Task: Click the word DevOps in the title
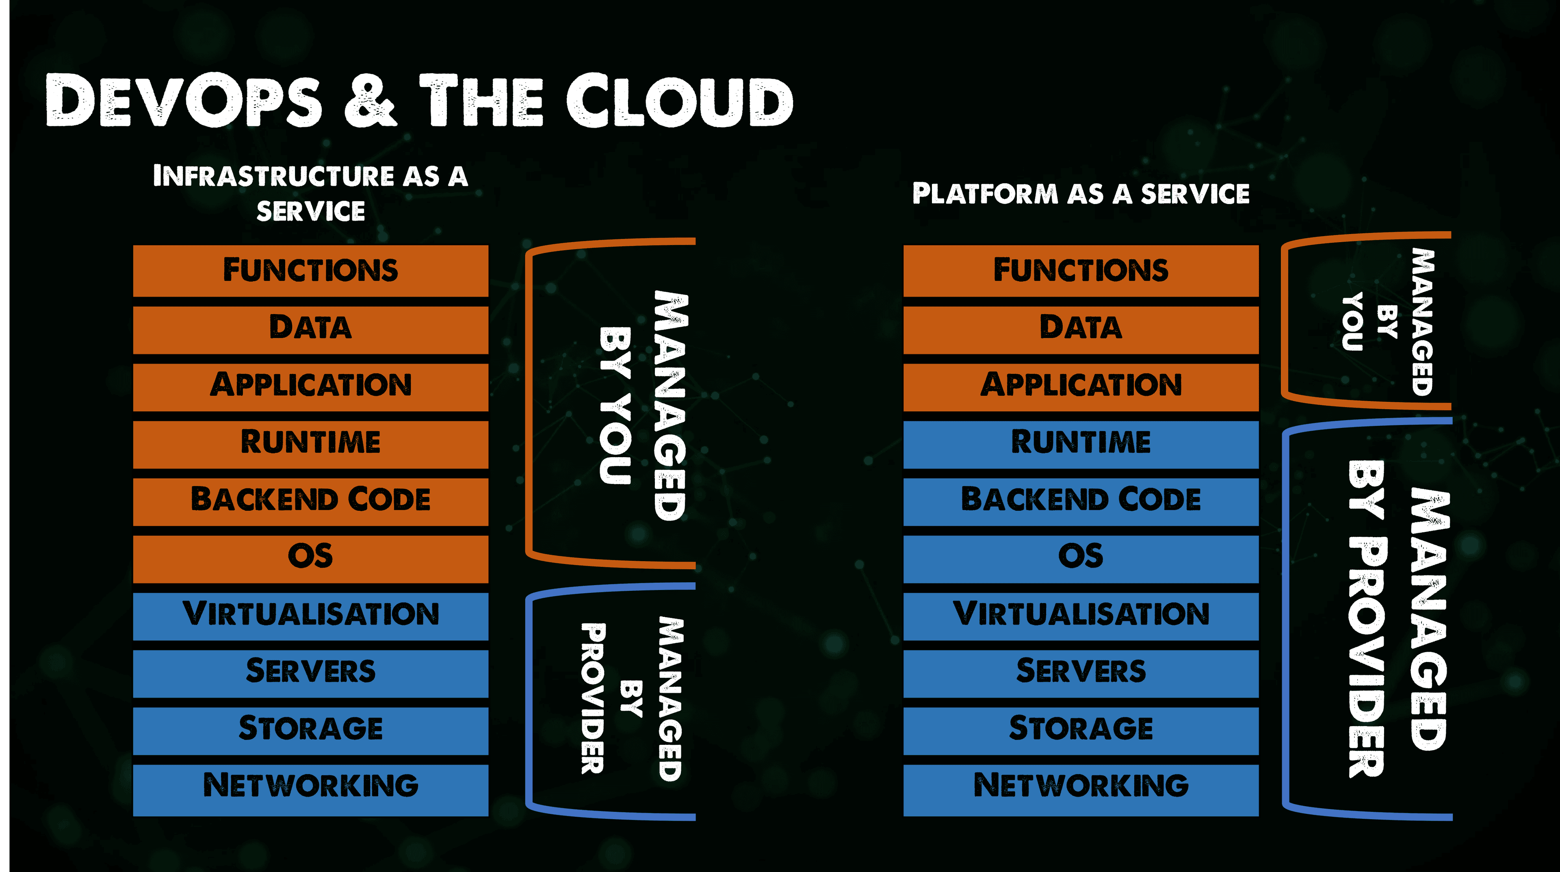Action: pos(184,100)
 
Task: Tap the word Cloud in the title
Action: pos(680,100)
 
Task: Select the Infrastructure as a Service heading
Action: pos(310,193)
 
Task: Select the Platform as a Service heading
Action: pos(1081,194)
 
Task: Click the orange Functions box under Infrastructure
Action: pos(311,271)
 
